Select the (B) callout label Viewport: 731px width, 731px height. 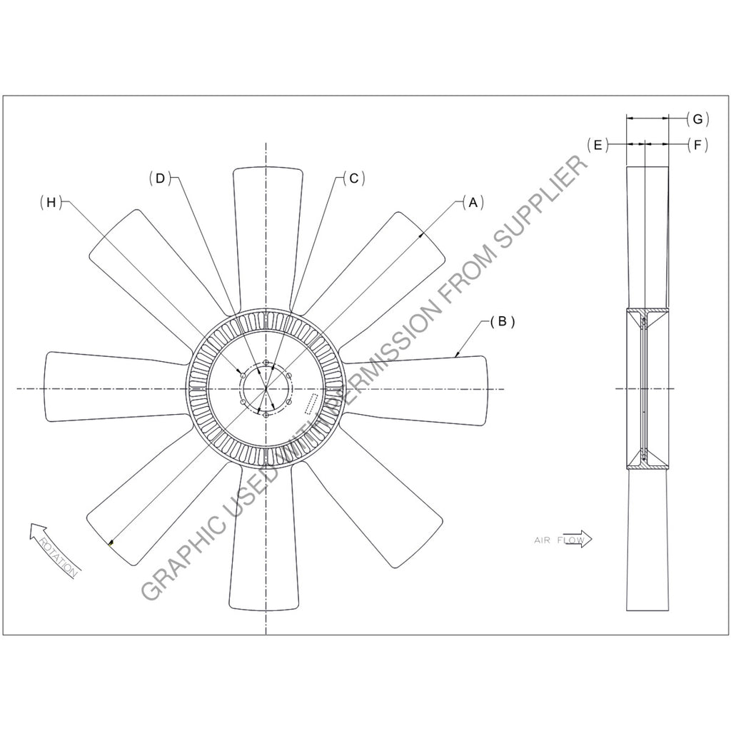pyautogui.click(x=502, y=322)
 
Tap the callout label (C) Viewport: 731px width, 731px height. pyautogui.click(x=353, y=178)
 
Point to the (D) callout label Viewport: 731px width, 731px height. pyautogui.click(x=161, y=178)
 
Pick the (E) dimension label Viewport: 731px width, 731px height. pyautogui.click(x=597, y=145)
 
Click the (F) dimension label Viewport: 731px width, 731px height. pyautogui.click(x=697, y=145)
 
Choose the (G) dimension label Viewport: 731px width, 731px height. pyautogui.click(x=697, y=119)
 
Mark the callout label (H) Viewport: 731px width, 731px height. pyautogui.click(x=51, y=203)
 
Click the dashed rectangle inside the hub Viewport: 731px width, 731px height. pyautogui.click(x=311, y=404)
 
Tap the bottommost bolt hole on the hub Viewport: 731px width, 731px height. pyautogui.click(x=266, y=414)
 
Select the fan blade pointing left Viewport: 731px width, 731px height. pyautogui.click(x=107, y=385)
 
